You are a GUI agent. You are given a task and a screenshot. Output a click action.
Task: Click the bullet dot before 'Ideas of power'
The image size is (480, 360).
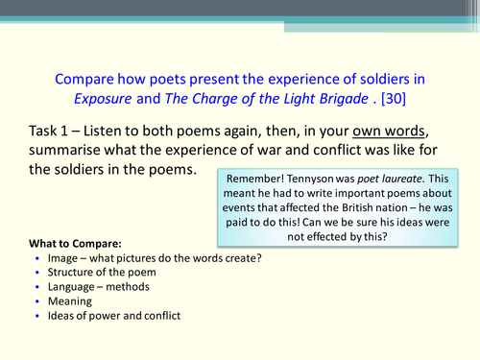click(x=36, y=317)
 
